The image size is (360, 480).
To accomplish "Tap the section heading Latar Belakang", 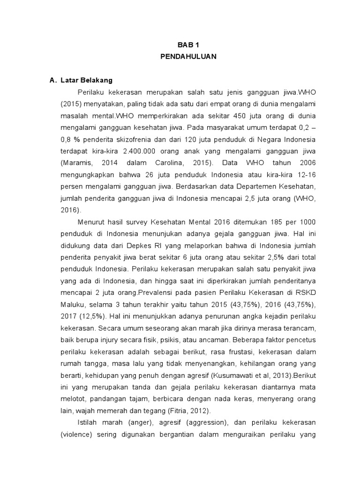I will (86, 80).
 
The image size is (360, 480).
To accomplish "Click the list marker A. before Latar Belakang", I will (53, 80).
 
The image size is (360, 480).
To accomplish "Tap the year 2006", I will (305, 163).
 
